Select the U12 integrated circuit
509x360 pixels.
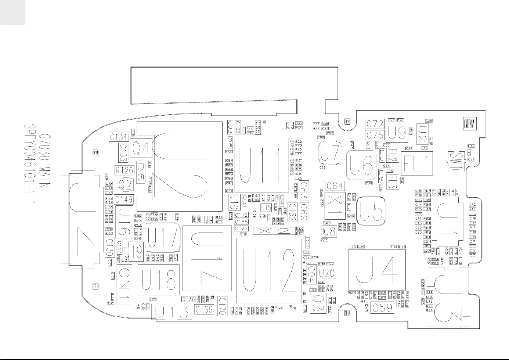270,270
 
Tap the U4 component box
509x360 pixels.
377,270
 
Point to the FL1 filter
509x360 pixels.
417,164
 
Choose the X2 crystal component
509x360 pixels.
274,231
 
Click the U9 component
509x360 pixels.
397,133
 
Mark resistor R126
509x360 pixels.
124,170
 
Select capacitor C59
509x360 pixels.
383,307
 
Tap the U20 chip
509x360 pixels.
326,273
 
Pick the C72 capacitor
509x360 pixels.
375,124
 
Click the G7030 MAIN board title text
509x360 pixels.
45,162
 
